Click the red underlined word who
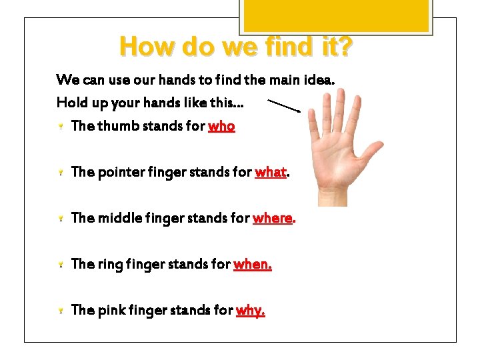pos(221,126)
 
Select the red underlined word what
pos(270,173)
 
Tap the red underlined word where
pos(272,218)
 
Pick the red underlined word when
pos(252,265)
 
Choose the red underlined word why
pos(250,310)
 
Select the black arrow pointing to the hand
pos(284,105)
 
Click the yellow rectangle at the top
pos(335,15)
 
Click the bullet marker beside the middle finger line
pos(60,219)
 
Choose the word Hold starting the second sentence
pos(71,103)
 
